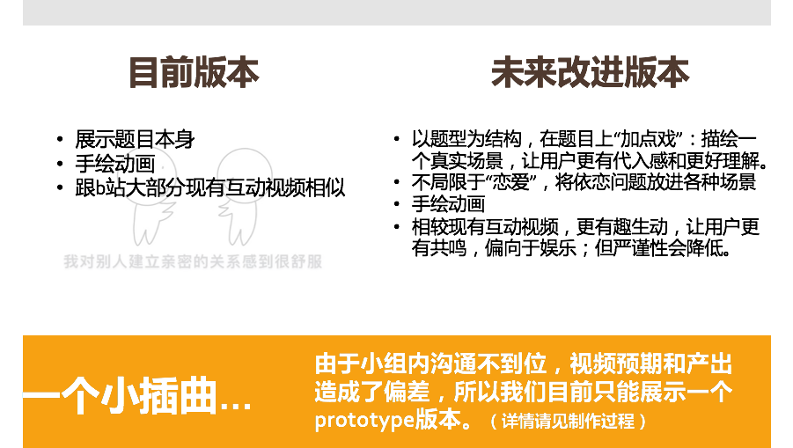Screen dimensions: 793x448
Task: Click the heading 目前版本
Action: (x=194, y=72)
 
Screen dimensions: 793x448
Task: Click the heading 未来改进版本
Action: (x=591, y=72)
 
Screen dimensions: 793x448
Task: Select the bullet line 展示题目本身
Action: (x=135, y=139)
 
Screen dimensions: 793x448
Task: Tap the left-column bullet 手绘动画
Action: (x=114, y=164)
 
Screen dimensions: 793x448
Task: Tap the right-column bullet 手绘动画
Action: (x=448, y=204)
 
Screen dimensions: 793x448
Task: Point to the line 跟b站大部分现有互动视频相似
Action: (x=209, y=187)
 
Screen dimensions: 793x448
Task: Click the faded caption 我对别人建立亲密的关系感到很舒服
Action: (x=193, y=261)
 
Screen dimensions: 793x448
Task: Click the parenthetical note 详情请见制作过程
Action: (x=568, y=421)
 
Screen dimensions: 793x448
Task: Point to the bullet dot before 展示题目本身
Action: (x=60, y=139)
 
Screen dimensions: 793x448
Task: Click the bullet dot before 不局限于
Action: (x=396, y=182)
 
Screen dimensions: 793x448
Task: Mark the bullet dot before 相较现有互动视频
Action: (x=396, y=226)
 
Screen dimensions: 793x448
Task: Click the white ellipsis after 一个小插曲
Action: (x=235, y=406)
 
